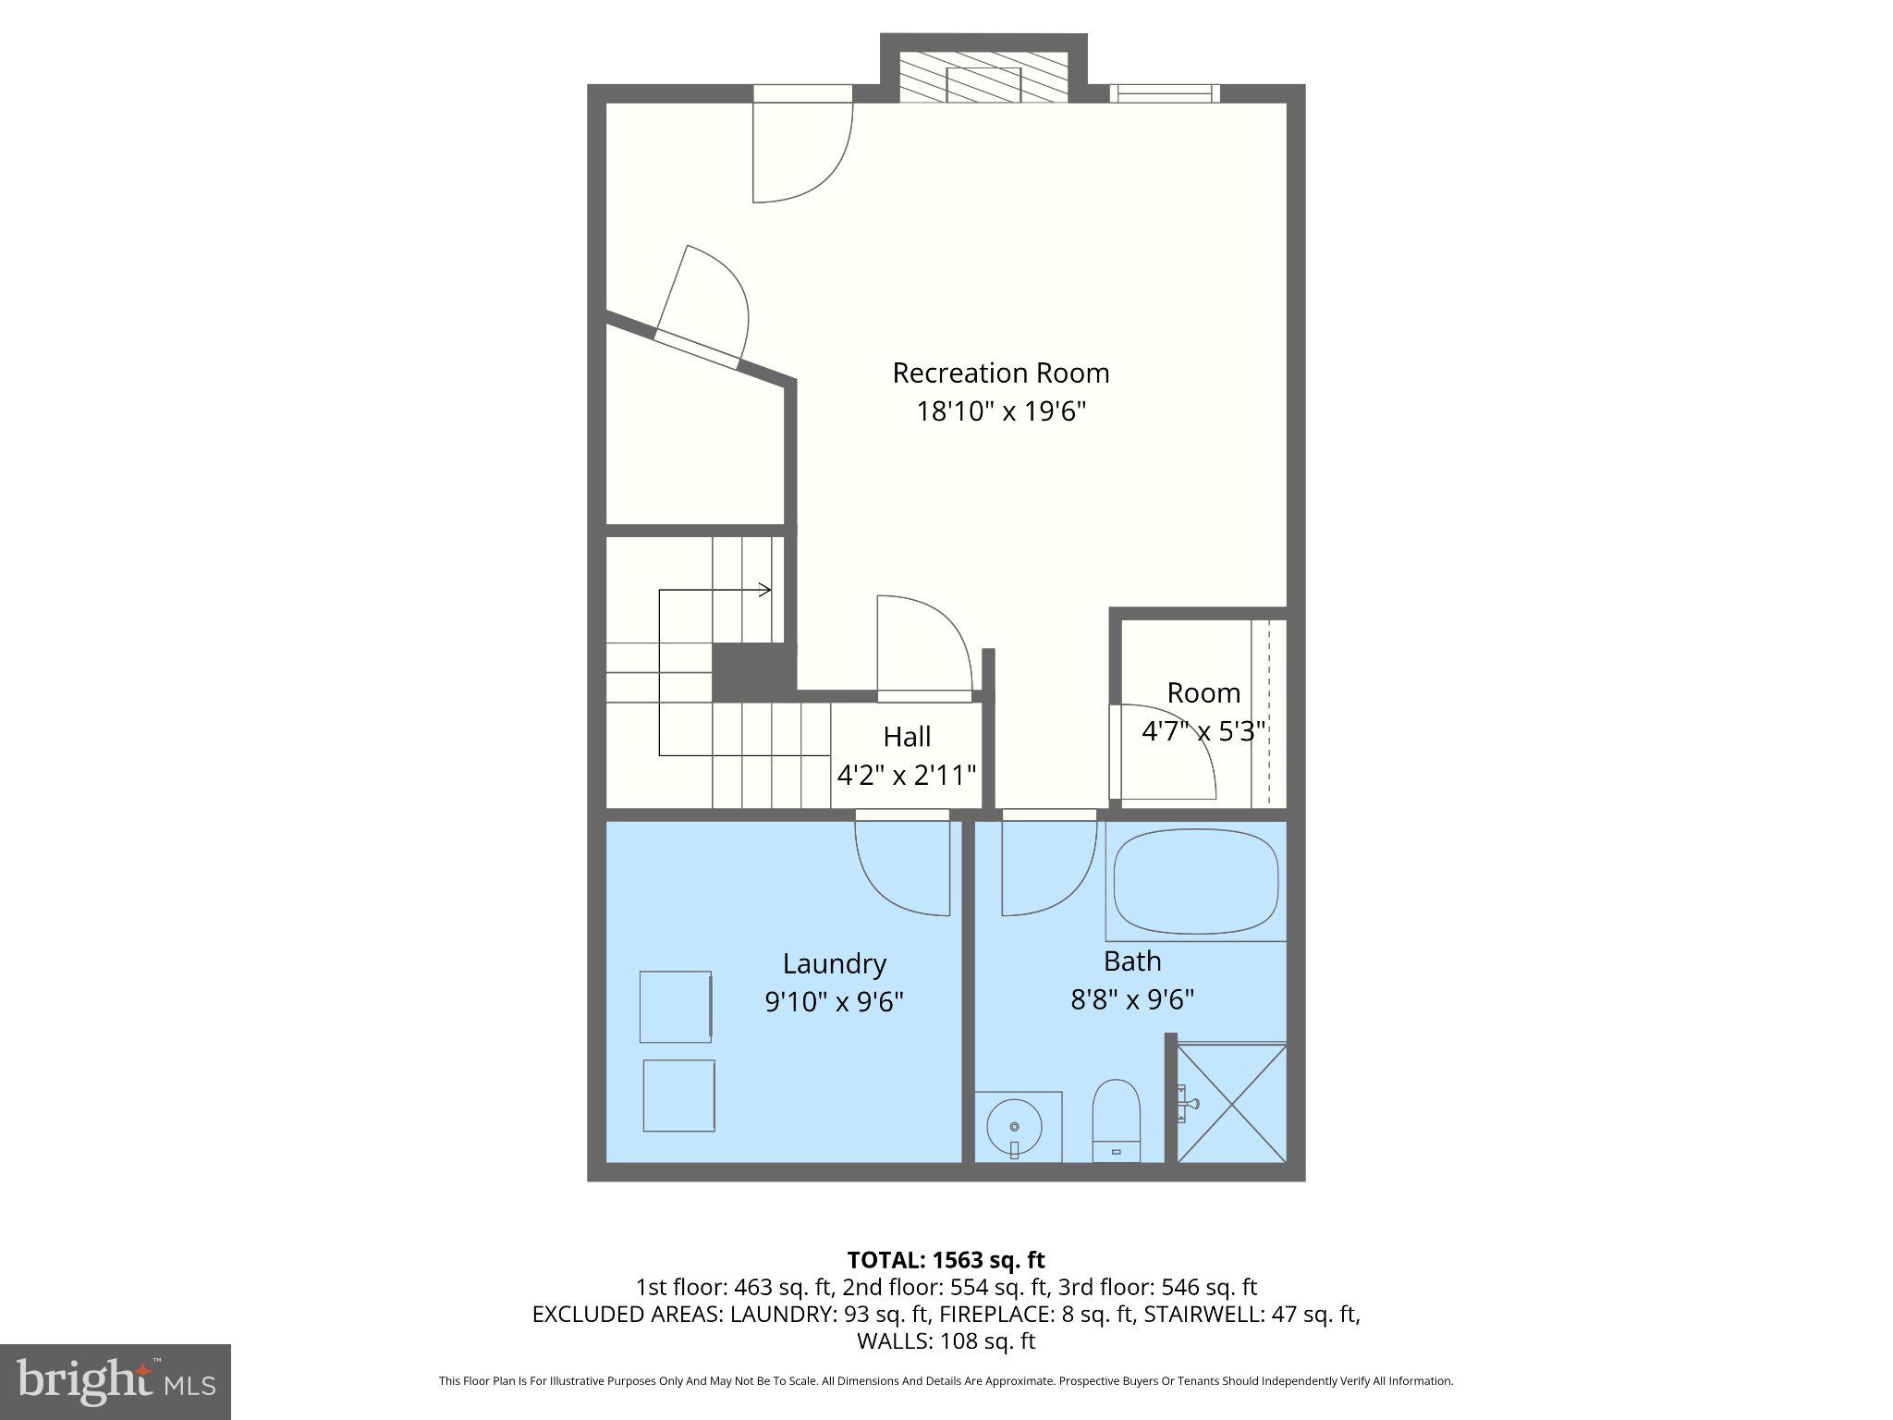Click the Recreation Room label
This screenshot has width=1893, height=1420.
point(1000,373)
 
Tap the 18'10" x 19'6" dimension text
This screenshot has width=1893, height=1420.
point(1000,411)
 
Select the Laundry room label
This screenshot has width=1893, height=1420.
point(834,963)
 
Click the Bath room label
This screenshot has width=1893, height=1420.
point(1131,961)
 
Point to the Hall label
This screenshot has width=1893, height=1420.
point(906,737)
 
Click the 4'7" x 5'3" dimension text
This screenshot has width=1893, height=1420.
point(1203,731)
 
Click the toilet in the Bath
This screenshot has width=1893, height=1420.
point(1117,1120)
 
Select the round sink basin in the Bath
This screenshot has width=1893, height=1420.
point(1014,1126)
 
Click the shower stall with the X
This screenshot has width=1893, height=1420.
point(1231,1103)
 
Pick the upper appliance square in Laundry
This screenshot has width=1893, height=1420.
point(676,1006)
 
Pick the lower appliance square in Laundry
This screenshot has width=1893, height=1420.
point(678,1095)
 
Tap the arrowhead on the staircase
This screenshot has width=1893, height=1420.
point(765,590)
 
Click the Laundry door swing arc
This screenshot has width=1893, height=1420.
point(901,869)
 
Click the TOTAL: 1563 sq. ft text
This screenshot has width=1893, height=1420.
point(946,1259)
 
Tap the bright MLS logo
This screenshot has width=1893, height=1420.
point(116,1381)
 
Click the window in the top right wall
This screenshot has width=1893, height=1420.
point(1165,92)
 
